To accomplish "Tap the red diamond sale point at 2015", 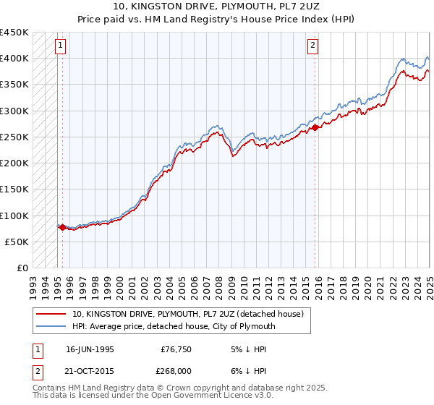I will point(315,128).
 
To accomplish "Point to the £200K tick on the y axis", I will point(14,163).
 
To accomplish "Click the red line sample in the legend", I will point(51,315).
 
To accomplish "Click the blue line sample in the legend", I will point(51,326).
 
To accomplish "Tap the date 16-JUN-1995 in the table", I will point(90,349).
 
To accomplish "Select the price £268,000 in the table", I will point(176,372).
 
